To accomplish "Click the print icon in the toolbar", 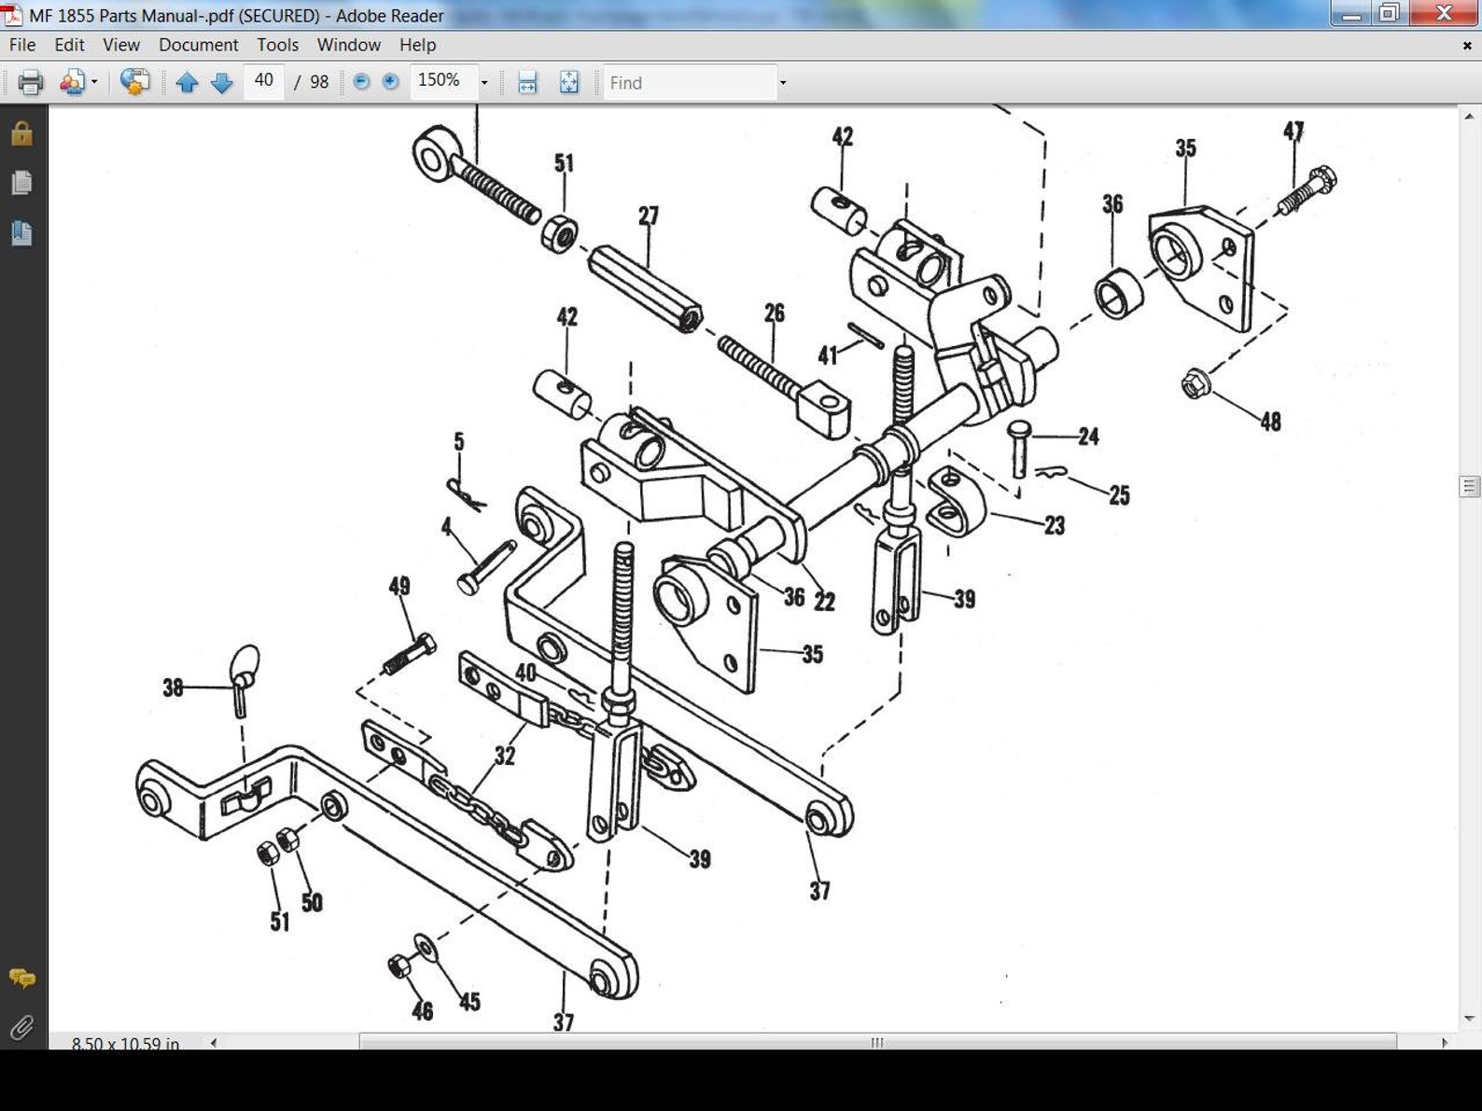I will click(31, 83).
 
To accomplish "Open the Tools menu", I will click(277, 45).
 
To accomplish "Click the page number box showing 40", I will click(264, 81).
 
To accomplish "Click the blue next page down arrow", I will click(221, 83).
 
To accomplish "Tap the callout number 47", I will click(1293, 132).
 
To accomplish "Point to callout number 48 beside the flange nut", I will click(1270, 422).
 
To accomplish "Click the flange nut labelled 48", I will click(1195, 383).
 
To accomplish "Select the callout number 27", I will click(648, 216).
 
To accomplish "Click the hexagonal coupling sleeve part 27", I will click(645, 288).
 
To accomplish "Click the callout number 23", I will click(1055, 526).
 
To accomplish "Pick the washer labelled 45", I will click(426, 949).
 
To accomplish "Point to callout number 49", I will click(398, 586).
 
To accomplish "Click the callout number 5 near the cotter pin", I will click(458, 441).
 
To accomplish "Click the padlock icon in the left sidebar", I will click(21, 134).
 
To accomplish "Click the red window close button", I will click(1443, 13).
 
